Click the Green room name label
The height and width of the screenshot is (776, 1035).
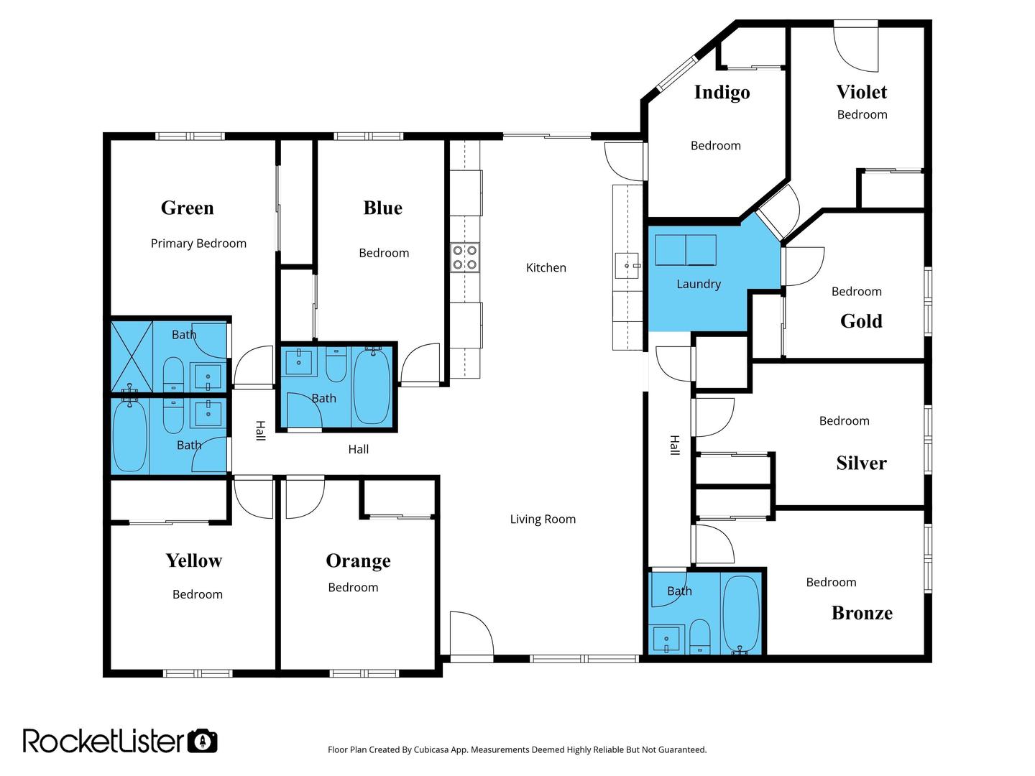[x=187, y=208]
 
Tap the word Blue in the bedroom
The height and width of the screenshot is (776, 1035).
[x=382, y=208]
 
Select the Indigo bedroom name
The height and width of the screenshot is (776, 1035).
[x=722, y=93]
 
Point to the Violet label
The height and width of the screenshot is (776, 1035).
[x=861, y=92]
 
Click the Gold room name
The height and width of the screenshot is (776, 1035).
[x=860, y=321]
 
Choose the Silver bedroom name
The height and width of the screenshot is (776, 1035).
[x=861, y=463]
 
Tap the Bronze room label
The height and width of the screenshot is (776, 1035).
[x=862, y=612]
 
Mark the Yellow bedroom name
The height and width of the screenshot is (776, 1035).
[x=193, y=560]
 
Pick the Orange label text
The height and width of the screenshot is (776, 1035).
[x=358, y=560]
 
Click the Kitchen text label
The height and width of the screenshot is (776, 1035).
[x=546, y=267]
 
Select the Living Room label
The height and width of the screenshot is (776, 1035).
[x=542, y=519]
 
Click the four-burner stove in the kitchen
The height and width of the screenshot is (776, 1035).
[x=464, y=258]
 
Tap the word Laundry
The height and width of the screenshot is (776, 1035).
[x=699, y=284]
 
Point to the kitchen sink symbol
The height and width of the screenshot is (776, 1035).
[x=628, y=266]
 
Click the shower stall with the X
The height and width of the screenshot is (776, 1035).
[x=132, y=356]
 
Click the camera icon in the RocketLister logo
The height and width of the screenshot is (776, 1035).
[x=203, y=741]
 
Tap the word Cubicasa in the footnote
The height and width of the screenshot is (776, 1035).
[x=431, y=750]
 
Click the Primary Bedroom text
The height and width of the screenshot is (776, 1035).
[x=198, y=244]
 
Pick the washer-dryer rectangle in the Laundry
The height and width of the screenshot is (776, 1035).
[x=686, y=250]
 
